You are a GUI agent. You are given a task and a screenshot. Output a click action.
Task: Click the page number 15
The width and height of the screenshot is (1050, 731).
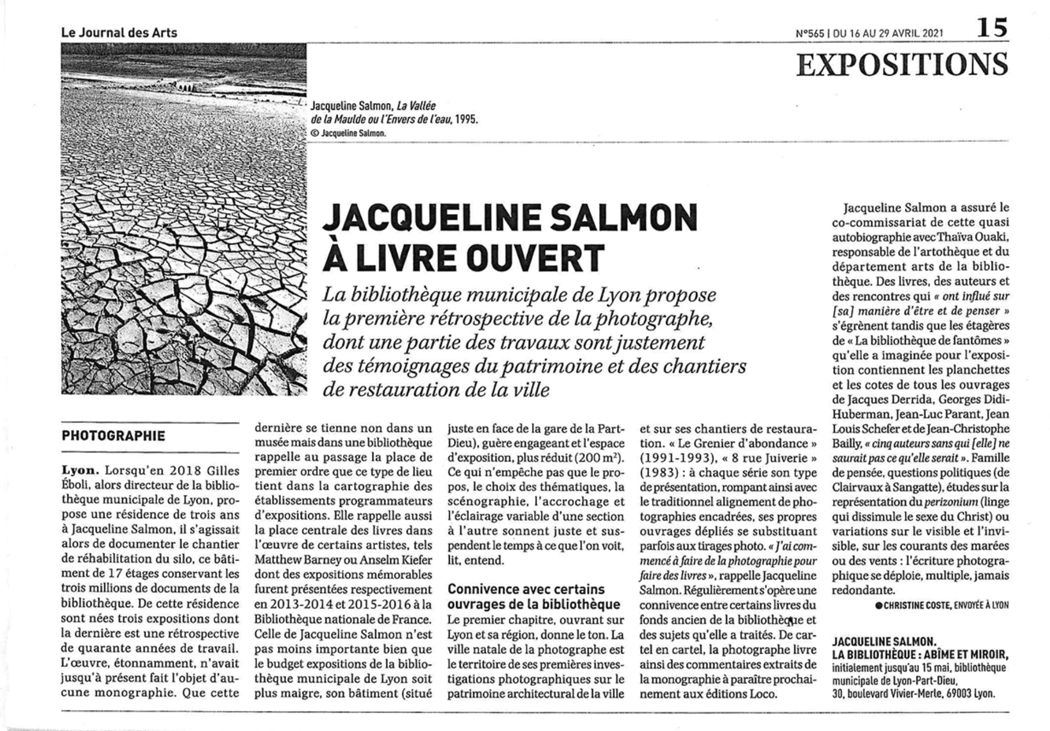click(x=992, y=27)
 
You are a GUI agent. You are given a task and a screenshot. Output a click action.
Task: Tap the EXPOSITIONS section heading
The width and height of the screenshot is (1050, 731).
click(x=902, y=65)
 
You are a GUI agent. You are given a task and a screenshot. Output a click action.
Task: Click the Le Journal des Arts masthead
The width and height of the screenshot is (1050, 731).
click(x=119, y=33)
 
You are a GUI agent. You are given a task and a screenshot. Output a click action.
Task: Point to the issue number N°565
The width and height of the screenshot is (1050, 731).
click(x=810, y=33)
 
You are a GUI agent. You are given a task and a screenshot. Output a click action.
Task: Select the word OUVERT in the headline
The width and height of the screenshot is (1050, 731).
click(x=536, y=258)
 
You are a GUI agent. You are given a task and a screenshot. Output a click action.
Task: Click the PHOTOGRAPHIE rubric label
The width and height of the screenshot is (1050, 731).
click(x=114, y=436)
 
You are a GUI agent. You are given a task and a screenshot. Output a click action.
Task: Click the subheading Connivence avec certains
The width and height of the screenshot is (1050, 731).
click(x=526, y=590)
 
